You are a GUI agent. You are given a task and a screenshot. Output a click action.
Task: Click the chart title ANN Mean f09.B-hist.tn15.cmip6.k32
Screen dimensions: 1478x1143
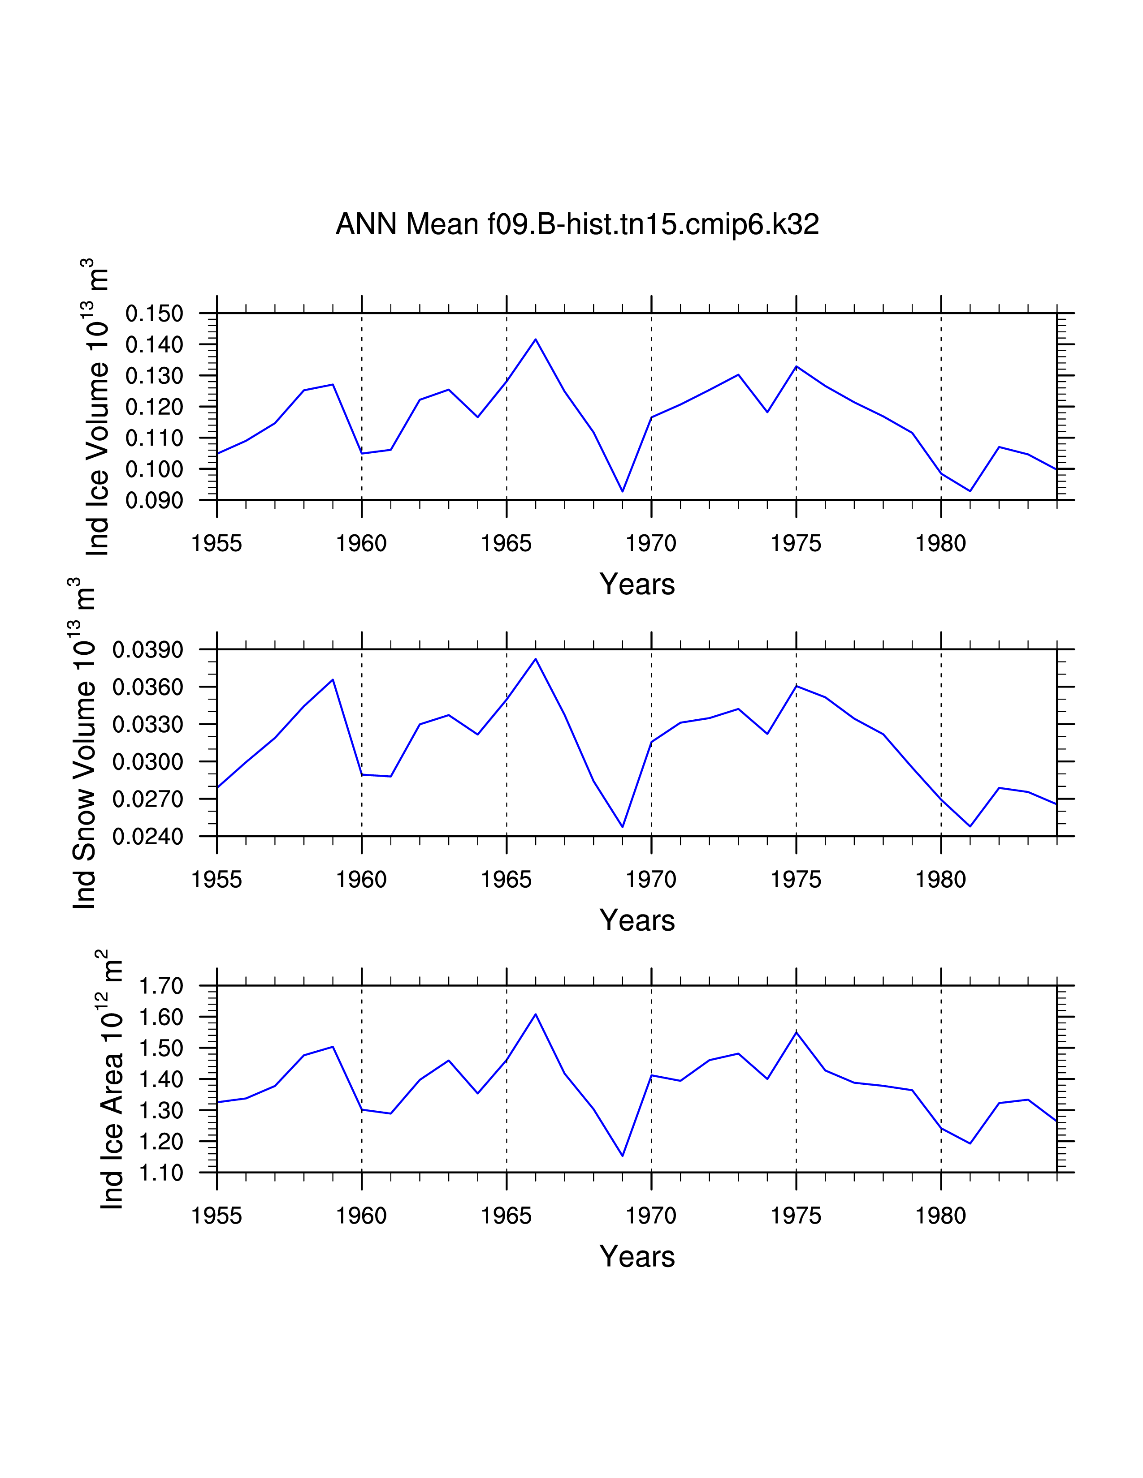point(577,224)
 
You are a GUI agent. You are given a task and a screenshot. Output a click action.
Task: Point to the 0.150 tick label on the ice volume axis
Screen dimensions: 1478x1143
point(154,314)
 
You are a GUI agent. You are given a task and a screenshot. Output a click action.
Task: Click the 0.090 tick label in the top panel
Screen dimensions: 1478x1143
point(154,500)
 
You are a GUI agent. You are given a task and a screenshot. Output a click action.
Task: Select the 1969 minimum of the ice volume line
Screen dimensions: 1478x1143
point(622,491)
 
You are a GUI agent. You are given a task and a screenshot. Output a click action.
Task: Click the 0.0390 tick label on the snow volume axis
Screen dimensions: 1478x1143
point(147,650)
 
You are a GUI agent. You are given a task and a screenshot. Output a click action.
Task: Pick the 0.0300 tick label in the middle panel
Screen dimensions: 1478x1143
point(147,762)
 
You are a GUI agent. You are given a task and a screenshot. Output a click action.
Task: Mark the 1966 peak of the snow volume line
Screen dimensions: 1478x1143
point(536,658)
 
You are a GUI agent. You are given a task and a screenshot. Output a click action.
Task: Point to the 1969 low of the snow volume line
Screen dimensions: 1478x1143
point(622,827)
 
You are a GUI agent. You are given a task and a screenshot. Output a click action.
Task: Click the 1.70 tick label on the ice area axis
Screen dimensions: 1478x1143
point(161,986)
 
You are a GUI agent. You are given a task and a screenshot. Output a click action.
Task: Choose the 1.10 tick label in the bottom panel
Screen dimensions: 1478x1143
point(161,1173)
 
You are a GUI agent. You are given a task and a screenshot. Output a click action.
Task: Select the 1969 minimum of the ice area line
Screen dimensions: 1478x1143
point(622,1156)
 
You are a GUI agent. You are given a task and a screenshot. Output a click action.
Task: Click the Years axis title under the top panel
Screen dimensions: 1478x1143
point(636,584)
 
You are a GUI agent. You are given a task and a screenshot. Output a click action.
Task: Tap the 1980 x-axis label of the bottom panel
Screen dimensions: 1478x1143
point(940,1216)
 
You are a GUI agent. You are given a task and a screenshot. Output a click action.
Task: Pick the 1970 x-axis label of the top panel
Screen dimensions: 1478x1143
point(651,543)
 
